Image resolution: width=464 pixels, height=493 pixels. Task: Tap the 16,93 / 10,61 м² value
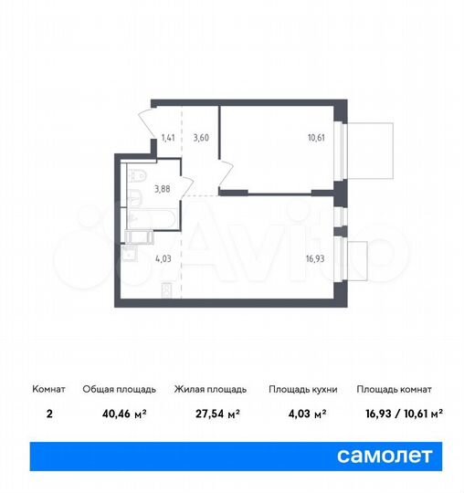[x=400, y=413]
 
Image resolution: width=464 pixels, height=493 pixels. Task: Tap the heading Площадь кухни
[x=302, y=389]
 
